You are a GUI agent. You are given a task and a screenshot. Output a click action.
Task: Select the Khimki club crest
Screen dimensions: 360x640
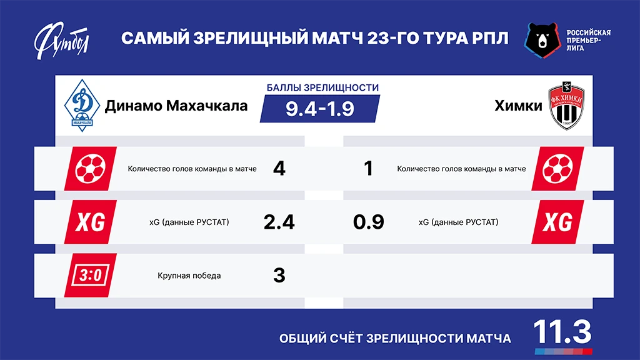(x=566, y=107)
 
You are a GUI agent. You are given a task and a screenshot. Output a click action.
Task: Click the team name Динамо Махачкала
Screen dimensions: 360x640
(x=176, y=106)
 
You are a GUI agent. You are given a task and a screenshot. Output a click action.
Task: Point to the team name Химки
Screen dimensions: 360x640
(x=518, y=106)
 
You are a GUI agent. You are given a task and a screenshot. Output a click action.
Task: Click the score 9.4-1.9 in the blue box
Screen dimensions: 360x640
(x=320, y=109)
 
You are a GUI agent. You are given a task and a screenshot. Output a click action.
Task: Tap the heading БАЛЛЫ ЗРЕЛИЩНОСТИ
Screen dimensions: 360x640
(x=322, y=88)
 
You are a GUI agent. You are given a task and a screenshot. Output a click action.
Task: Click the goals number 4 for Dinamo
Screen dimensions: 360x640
(x=279, y=169)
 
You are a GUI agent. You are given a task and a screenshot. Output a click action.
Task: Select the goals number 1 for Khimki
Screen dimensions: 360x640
(x=368, y=169)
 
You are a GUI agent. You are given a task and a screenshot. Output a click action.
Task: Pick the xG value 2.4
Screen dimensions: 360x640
(x=279, y=222)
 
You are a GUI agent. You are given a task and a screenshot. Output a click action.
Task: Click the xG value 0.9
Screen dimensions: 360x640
(x=368, y=222)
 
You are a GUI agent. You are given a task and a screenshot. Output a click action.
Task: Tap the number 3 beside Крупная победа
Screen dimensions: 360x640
(x=279, y=275)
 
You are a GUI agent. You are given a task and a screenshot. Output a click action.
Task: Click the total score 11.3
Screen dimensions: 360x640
(x=562, y=332)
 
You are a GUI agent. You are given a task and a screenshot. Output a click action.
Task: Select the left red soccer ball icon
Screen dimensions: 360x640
(x=90, y=169)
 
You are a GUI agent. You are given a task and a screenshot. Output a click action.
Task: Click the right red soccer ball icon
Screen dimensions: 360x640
(x=557, y=169)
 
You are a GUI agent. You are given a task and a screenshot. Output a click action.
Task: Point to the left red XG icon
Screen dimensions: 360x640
(x=90, y=222)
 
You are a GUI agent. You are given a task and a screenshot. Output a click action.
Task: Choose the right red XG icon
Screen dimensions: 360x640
(x=557, y=222)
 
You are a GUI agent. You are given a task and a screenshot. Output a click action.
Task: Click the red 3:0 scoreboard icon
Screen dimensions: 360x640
(x=90, y=275)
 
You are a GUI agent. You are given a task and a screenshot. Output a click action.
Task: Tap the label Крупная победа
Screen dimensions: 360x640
(x=189, y=276)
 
